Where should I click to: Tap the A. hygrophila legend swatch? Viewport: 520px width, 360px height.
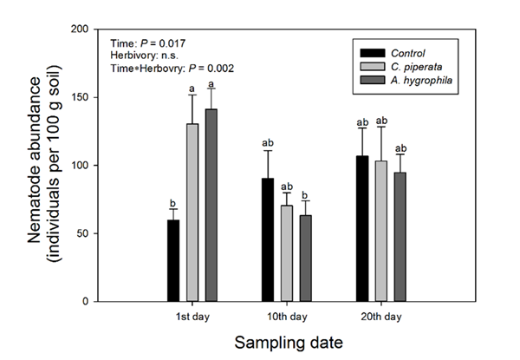[370, 82]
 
